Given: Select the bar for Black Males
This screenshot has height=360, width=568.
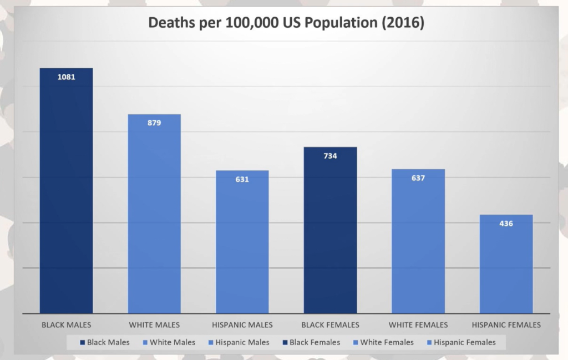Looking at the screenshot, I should tap(66, 194).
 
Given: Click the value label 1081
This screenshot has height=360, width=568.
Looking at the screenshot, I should tap(66, 77).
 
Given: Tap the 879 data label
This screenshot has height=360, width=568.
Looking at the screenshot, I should tap(154, 123).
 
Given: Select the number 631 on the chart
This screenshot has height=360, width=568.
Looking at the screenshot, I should tap(242, 179).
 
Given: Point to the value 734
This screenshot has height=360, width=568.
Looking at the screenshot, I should tap(330, 156).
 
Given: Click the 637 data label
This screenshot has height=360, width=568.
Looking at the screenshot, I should tap(418, 178).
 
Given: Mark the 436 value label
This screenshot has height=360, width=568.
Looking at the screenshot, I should tap(506, 224).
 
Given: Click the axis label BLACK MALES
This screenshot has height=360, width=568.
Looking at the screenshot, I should tap(67, 324).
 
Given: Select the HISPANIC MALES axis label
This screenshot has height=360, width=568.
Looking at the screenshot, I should tap(242, 324).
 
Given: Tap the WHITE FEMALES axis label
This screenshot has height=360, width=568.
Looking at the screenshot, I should tap(418, 324).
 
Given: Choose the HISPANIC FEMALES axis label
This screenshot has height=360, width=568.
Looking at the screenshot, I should tap(505, 324).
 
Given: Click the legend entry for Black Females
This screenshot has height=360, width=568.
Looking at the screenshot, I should tap(315, 342).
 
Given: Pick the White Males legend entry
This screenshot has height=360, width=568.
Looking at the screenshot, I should tap(172, 342).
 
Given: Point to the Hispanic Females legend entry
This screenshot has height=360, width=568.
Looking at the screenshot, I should tap(464, 342).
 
